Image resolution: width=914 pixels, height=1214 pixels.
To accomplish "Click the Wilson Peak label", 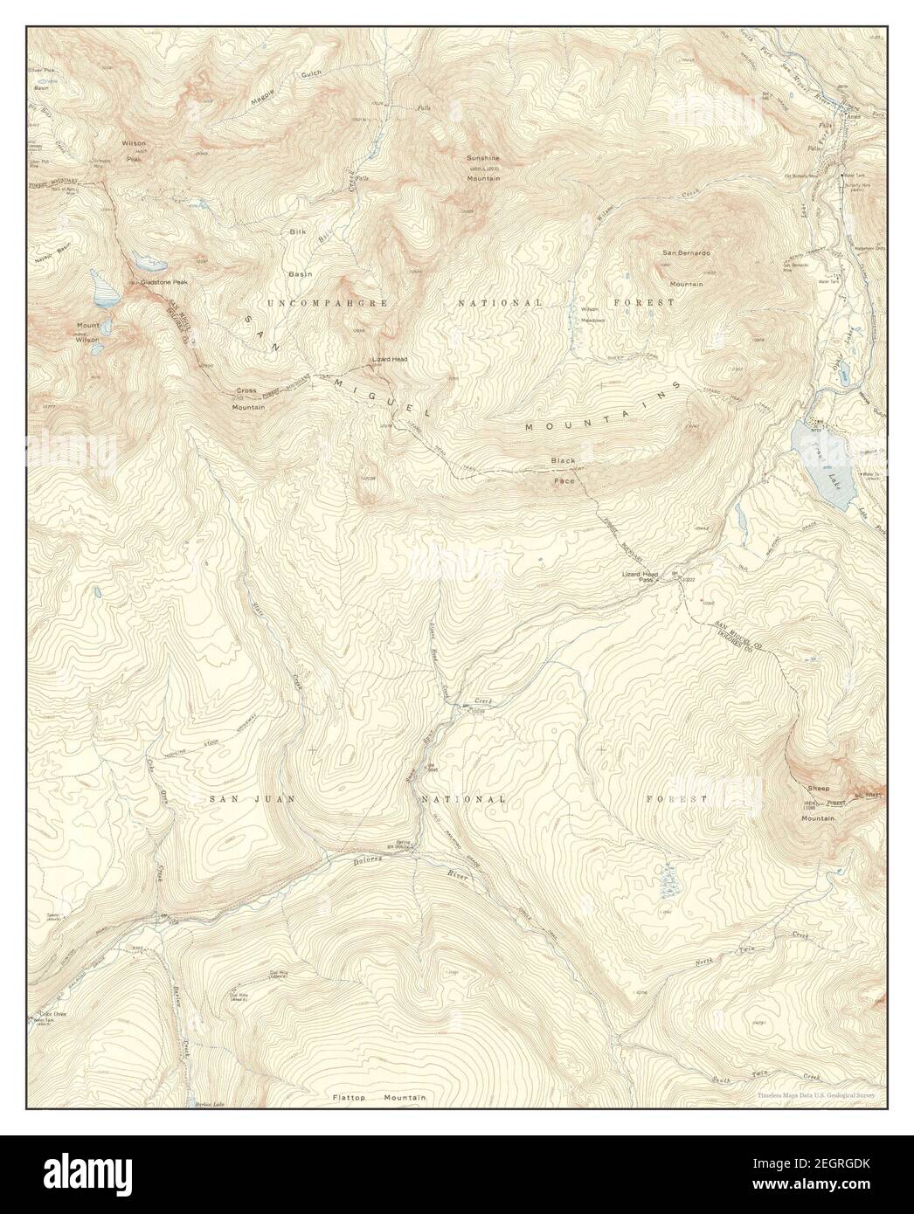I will (134, 150).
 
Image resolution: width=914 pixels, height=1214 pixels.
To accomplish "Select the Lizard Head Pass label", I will (639, 576).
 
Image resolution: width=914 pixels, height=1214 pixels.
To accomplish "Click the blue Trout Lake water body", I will (820, 464).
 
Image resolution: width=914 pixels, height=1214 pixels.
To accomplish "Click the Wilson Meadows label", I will (589, 314).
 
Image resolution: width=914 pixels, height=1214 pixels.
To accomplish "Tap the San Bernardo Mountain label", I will (687, 268).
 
